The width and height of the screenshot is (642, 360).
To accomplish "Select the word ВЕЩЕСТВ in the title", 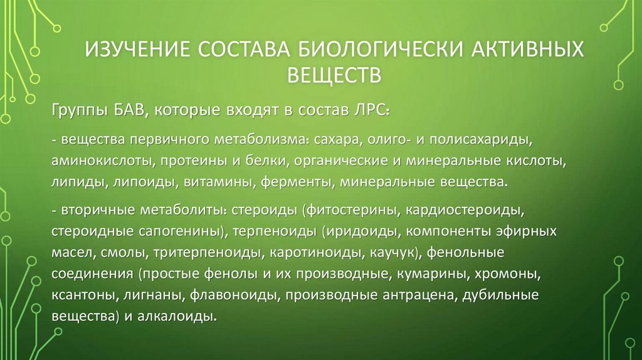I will (x=334, y=75).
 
